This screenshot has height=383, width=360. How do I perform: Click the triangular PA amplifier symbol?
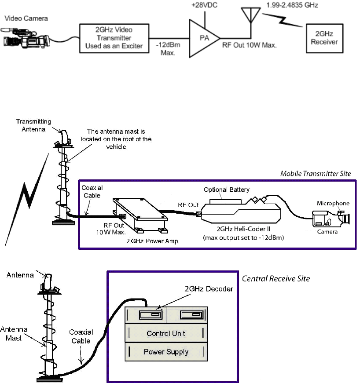(x=202, y=38)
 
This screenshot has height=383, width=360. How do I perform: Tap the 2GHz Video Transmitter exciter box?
(x=114, y=38)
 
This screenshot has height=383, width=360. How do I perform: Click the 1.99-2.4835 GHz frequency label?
(x=292, y=6)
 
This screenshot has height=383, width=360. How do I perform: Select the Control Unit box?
(x=166, y=333)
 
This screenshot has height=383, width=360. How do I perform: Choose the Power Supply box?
(x=166, y=352)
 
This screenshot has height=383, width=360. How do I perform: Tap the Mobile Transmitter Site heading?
(x=316, y=174)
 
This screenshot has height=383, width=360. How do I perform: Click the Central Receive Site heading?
(x=276, y=278)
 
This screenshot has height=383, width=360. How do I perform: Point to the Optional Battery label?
(x=227, y=190)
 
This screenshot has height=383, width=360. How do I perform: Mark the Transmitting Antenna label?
(x=34, y=125)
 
